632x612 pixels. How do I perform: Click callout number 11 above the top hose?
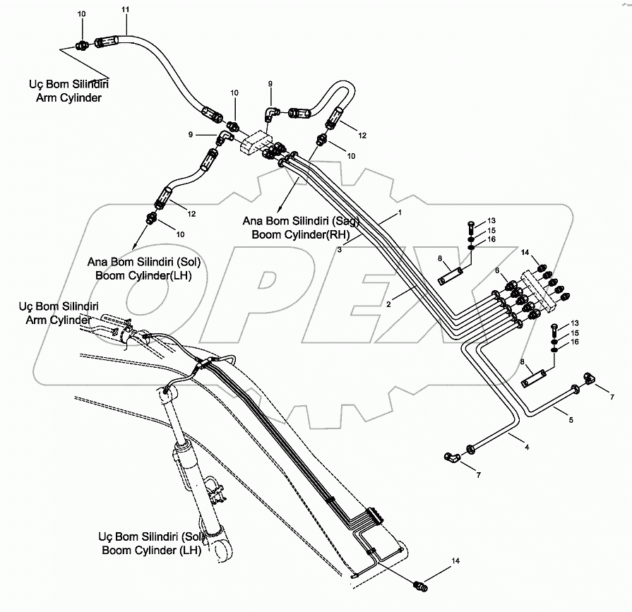126,9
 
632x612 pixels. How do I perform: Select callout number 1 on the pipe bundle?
399,212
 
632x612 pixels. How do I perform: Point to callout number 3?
525,446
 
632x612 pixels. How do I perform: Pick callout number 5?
497,270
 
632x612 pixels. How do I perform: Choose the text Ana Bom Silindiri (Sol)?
145,262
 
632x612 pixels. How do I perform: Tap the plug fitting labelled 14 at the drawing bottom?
422,586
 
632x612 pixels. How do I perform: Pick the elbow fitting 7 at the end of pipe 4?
451,458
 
